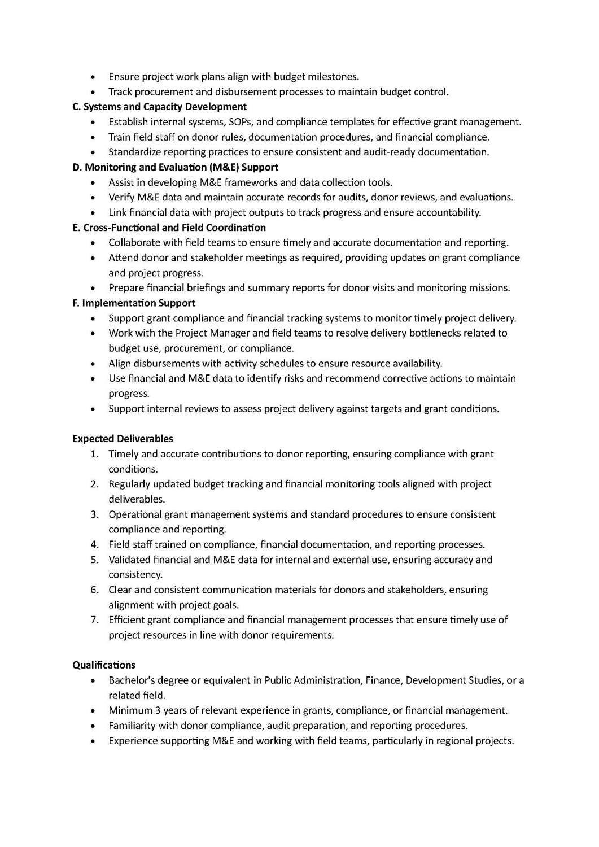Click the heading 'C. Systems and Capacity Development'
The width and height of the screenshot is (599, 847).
[159, 107]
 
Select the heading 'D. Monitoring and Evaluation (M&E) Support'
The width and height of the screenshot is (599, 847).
[175, 167]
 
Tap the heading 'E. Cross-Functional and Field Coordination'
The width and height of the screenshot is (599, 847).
[169, 228]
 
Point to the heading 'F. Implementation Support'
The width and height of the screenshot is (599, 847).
[134, 303]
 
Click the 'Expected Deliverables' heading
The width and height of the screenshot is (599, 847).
[123, 439]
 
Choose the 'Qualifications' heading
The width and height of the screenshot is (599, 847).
[104, 665]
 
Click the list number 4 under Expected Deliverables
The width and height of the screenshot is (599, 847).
[94, 544]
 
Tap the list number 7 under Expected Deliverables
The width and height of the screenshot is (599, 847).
[94, 620]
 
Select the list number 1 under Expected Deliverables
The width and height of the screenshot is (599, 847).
[94, 454]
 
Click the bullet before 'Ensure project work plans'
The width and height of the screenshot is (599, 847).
[93, 77]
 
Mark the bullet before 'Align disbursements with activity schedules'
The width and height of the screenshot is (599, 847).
[93, 364]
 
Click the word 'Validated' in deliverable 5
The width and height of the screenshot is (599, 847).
[129, 560]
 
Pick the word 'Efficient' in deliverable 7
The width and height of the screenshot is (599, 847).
[126, 620]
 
